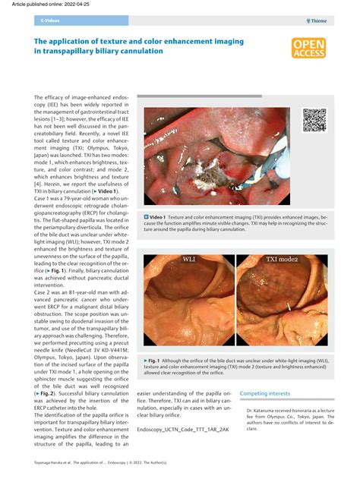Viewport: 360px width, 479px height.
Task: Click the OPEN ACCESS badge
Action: pos(308,49)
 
